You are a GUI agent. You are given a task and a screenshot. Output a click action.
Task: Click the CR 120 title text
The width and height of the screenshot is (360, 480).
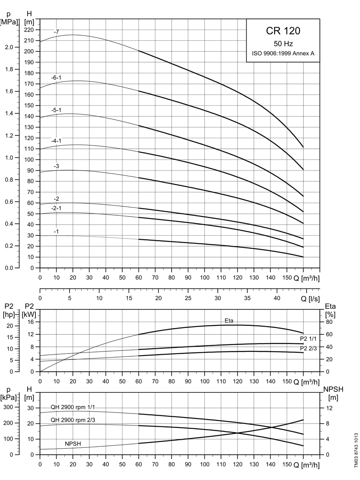283,30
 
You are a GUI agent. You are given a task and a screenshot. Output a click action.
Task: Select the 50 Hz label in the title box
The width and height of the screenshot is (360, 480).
283,44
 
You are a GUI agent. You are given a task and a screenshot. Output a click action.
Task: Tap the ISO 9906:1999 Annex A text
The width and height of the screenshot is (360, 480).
283,53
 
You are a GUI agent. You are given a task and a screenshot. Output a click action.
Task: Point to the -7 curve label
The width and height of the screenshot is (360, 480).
56,32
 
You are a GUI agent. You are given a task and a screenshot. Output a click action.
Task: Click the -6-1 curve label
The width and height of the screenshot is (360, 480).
56,78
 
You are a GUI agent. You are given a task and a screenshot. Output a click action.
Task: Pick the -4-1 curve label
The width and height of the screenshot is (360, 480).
56,141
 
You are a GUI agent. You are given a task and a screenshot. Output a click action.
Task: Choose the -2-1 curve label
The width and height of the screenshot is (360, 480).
56,208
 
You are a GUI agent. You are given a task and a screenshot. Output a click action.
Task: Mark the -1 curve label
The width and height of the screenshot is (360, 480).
56,231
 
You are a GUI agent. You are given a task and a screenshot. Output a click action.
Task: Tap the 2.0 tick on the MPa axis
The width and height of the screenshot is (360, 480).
9,47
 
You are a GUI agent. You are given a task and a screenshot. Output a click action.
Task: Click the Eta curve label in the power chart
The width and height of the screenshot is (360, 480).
229,321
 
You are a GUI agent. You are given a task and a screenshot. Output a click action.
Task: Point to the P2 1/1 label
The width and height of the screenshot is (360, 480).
308,339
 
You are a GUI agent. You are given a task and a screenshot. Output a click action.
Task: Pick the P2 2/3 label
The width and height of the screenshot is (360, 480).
308,348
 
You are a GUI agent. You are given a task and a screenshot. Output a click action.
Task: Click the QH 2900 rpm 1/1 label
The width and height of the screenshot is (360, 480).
73,407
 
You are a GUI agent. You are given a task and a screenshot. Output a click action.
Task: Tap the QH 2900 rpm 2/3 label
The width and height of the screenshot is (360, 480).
73,420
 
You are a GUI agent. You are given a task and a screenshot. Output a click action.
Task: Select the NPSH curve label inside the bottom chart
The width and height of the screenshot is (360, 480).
73,444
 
